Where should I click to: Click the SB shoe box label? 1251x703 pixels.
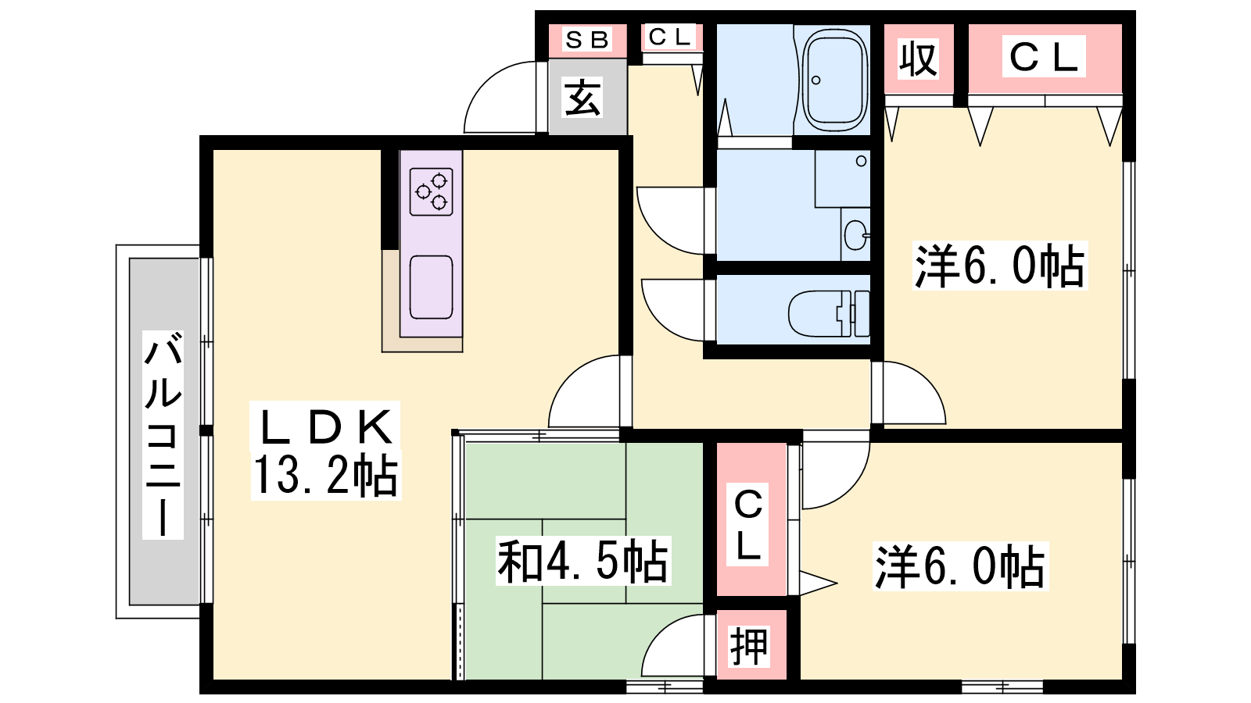(586, 40)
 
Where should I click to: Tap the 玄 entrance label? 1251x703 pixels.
(583, 97)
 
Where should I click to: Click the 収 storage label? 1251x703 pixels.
(919, 59)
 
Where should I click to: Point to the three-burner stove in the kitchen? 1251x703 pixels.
(431, 192)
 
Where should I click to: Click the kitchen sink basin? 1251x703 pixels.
(431, 287)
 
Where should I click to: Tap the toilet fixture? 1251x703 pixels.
(829, 313)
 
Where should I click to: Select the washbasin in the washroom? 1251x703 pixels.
(855, 235)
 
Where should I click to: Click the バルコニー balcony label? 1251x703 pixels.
(163, 434)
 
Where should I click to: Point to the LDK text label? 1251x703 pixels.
(325, 426)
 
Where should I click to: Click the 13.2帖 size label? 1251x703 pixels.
(325, 476)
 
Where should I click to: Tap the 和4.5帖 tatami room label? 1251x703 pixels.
(582, 561)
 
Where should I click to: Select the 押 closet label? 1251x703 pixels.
(748, 647)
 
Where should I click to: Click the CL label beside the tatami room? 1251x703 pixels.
(748, 525)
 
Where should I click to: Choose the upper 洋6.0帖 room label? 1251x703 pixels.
(1000, 266)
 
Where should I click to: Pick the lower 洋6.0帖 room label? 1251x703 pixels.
(960, 566)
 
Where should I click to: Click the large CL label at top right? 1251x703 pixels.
(1043, 57)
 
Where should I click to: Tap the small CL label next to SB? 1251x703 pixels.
(669, 37)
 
